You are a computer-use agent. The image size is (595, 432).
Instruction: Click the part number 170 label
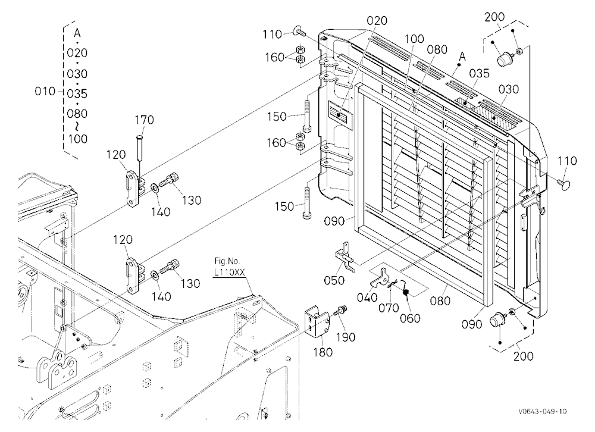[x=144, y=120]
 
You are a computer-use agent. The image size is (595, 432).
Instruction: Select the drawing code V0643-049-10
[x=543, y=412]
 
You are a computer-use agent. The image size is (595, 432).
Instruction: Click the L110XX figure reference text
[x=230, y=272]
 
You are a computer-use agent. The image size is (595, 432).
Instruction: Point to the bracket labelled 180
[x=317, y=322]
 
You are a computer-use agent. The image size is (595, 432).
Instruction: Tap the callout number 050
[x=334, y=280]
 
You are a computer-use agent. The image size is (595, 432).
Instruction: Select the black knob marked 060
[x=405, y=292]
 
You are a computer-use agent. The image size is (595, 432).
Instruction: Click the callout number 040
[x=367, y=298]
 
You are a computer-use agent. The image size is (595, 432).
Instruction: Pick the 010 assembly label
[x=45, y=91]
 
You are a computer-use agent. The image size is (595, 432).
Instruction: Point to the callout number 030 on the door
[x=509, y=89]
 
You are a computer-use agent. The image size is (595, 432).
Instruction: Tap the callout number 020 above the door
[x=377, y=20]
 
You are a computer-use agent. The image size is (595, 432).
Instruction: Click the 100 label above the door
[x=414, y=39]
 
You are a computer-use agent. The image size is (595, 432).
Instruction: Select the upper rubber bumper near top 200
[x=505, y=59]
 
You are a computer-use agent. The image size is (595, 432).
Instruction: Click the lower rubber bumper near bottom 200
[x=497, y=320]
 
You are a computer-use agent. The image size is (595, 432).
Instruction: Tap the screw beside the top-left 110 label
[x=299, y=32]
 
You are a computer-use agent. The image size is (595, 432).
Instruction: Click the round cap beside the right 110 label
[x=565, y=184]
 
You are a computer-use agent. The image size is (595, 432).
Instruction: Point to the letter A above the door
[x=462, y=57]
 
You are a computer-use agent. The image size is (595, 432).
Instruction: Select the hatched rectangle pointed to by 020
[x=339, y=112]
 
